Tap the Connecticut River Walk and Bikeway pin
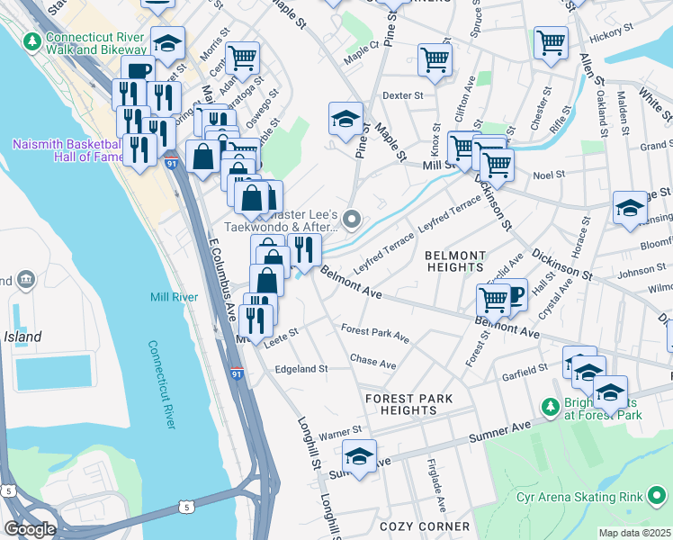click(x=33, y=41)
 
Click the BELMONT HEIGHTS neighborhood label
click(x=455, y=261)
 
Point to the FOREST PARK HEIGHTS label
click(x=408, y=404)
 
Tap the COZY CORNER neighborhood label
click(x=425, y=526)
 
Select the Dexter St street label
click(x=402, y=94)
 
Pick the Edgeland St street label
click(x=301, y=369)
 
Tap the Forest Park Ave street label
click(x=375, y=334)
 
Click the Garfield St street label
click(x=525, y=370)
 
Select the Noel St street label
click(x=548, y=175)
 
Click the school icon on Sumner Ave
click(x=360, y=455)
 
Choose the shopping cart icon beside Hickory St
click(x=551, y=41)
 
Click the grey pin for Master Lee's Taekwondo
click(x=353, y=219)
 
